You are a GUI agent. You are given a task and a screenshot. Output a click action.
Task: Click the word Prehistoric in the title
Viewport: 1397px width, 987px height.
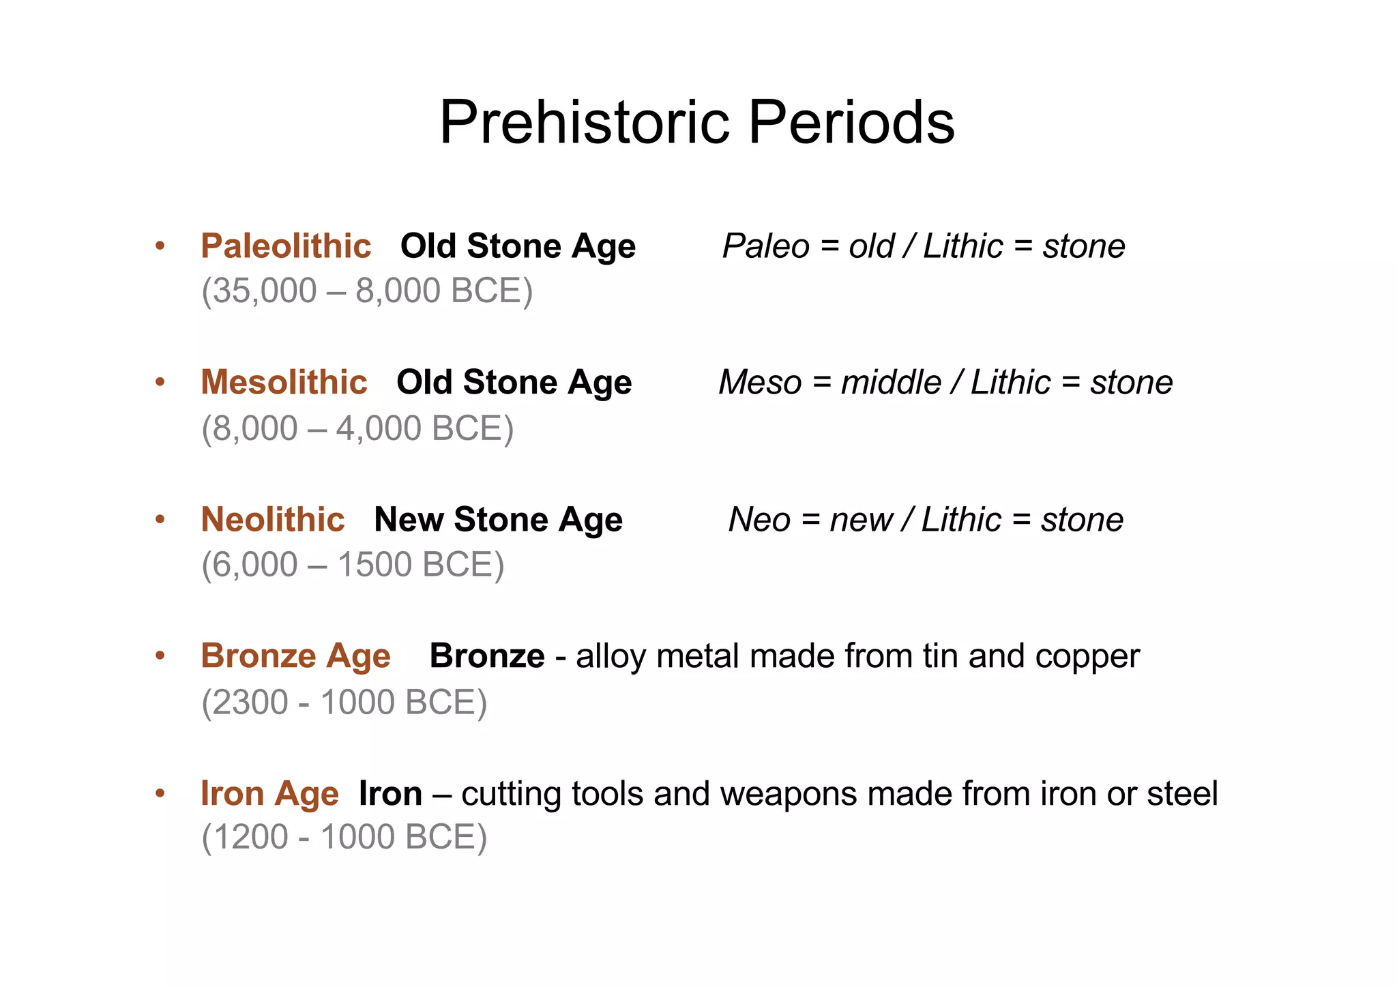pos(585,123)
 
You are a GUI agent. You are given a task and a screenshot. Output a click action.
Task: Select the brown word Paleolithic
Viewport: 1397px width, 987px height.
pos(286,246)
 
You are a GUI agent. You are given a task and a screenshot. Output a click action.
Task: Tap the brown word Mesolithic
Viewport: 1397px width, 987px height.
pos(284,382)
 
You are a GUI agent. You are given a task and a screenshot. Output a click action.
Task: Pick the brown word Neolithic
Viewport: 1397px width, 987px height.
pos(273,520)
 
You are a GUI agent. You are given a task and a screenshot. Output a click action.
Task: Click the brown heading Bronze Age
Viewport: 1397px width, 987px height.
pos(295,656)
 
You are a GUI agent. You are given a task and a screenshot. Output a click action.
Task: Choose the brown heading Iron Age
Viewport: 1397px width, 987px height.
pos(269,794)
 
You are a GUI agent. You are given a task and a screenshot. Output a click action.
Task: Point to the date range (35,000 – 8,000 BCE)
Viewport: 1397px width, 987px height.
pos(367,291)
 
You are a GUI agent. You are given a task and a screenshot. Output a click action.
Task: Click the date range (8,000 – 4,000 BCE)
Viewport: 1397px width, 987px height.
pos(357,429)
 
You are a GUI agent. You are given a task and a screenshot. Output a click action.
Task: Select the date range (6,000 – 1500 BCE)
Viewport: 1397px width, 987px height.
pos(353,565)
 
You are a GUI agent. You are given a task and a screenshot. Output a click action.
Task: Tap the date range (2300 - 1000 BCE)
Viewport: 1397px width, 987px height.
pos(344,703)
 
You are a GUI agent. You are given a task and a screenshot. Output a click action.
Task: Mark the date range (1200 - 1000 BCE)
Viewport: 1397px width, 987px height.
pos(344,838)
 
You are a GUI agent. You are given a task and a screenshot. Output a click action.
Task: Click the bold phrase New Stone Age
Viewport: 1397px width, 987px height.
pos(498,520)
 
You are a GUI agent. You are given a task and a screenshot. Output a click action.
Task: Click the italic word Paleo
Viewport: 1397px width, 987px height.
pos(765,246)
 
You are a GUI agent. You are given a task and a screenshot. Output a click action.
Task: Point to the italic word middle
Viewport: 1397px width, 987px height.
pos(891,382)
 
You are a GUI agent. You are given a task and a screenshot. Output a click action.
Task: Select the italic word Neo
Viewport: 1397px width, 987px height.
pos(759,520)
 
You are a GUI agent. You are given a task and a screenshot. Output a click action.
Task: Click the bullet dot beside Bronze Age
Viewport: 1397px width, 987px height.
pos(160,655)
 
